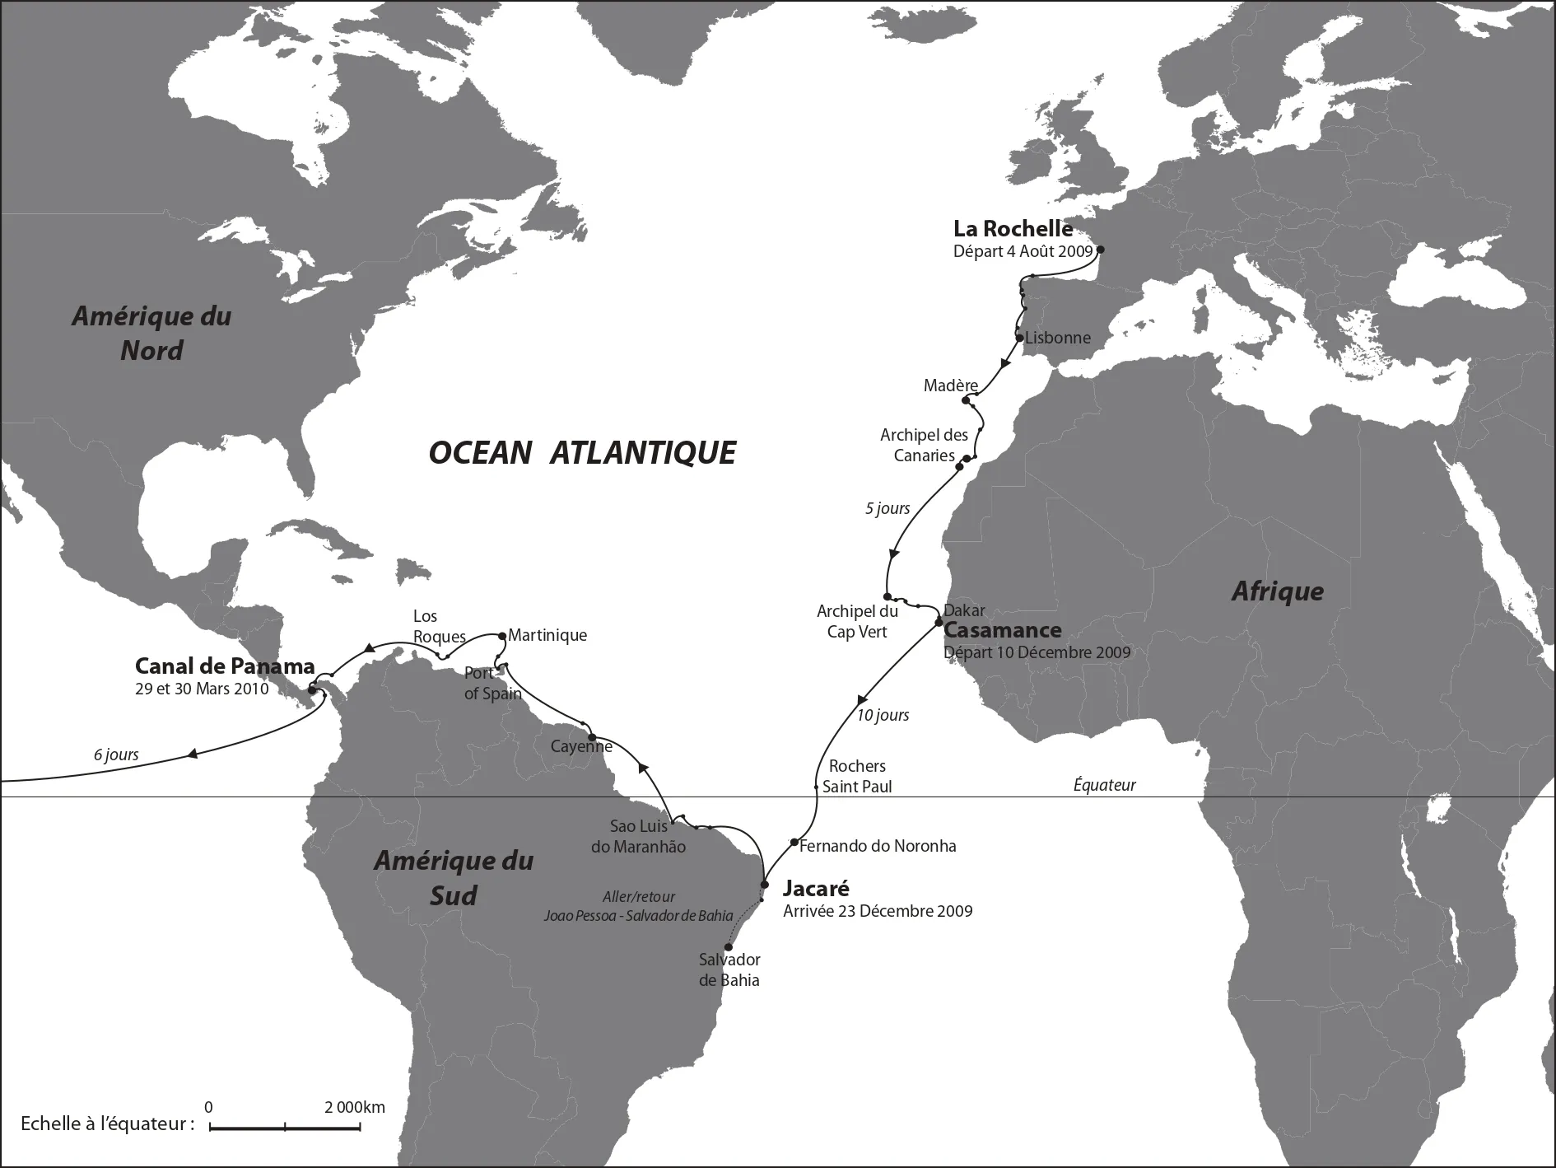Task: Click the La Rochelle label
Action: pyautogui.click(x=1013, y=229)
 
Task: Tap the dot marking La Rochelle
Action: pyautogui.click(x=1101, y=250)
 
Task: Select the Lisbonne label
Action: pyautogui.click(x=1058, y=338)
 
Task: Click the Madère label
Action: pyautogui.click(x=950, y=385)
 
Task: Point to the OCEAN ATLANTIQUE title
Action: pyautogui.click(x=582, y=453)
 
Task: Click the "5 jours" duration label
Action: pyautogui.click(x=887, y=508)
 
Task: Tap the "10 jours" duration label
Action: pyautogui.click(x=883, y=715)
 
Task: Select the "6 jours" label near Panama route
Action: pyautogui.click(x=116, y=755)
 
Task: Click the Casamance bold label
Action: pyautogui.click(x=1002, y=630)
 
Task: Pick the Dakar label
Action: pyautogui.click(x=964, y=610)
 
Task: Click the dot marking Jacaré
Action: pyautogui.click(x=764, y=885)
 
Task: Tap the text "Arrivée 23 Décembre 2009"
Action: pyautogui.click(x=878, y=911)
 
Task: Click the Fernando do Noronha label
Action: pyautogui.click(x=878, y=846)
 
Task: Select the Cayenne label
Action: pyautogui.click(x=581, y=746)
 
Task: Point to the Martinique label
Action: pyautogui.click(x=547, y=635)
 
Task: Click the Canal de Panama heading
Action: pyautogui.click(x=225, y=666)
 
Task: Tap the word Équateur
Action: pyautogui.click(x=1104, y=785)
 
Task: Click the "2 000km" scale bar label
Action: pyautogui.click(x=354, y=1107)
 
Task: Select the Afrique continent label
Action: pyautogui.click(x=1277, y=591)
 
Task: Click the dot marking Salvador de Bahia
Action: pyautogui.click(x=728, y=946)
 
